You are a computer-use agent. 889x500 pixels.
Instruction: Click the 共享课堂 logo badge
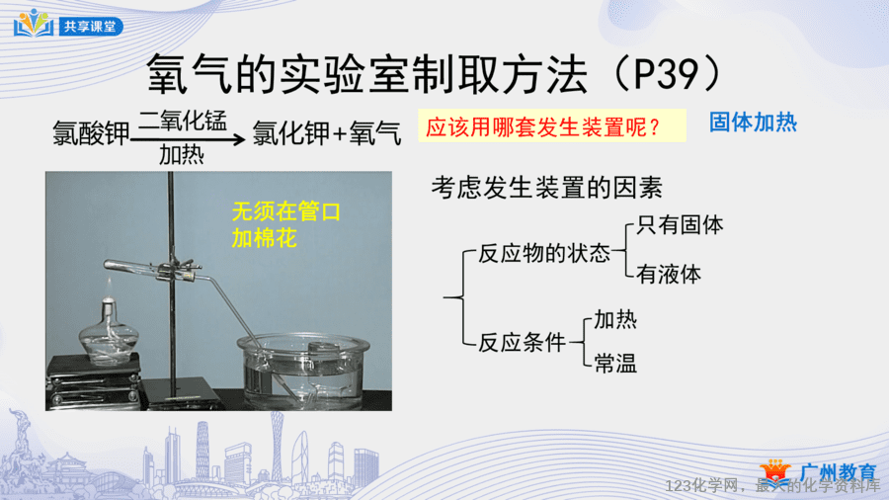point(68,25)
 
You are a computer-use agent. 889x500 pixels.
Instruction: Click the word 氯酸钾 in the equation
point(91,134)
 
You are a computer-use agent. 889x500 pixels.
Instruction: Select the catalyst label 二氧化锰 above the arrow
point(183,121)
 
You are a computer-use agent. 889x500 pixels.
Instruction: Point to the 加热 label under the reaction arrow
point(182,154)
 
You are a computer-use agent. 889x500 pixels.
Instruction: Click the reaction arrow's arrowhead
point(240,139)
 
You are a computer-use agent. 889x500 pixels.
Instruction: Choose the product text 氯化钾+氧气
point(327,133)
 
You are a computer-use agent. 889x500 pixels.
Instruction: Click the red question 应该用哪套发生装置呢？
point(543,127)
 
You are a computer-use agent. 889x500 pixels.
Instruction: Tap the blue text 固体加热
point(753,123)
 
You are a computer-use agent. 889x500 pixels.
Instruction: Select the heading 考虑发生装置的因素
point(546,187)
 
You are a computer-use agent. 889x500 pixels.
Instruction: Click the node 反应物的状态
point(543,253)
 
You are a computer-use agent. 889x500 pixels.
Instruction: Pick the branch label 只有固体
point(680,225)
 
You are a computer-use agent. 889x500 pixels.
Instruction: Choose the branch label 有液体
point(669,275)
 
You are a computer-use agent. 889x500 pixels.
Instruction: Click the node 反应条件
point(522,343)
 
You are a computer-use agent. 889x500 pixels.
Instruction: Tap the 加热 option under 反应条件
point(615,320)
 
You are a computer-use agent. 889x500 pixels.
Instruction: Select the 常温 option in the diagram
point(615,364)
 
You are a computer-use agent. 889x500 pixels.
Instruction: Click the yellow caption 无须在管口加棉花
point(285,225)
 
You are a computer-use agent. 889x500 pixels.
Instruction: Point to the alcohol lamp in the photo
point(109,331)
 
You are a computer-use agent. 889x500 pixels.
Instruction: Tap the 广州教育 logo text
point(838,472)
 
